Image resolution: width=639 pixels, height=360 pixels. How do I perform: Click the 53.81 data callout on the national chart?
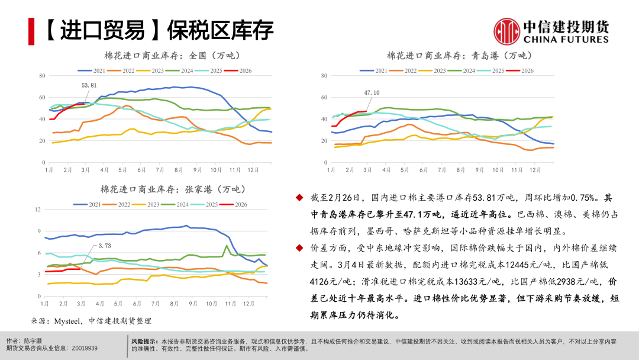89,85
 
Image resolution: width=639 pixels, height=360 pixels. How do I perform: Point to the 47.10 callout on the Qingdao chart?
372,92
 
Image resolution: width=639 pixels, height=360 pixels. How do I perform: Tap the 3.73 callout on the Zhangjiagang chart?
105,246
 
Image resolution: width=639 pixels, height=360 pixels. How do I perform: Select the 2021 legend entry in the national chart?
93,70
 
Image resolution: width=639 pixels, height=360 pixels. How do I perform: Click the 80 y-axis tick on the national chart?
42,76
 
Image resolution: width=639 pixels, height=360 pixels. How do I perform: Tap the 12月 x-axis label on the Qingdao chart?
535,169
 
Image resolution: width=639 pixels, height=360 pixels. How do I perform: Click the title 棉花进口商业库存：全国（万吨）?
170,56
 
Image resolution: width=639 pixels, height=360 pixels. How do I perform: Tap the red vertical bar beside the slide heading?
31,29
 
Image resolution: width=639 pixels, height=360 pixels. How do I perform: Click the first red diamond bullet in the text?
301,198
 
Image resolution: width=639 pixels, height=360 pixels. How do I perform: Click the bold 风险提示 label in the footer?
144,342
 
